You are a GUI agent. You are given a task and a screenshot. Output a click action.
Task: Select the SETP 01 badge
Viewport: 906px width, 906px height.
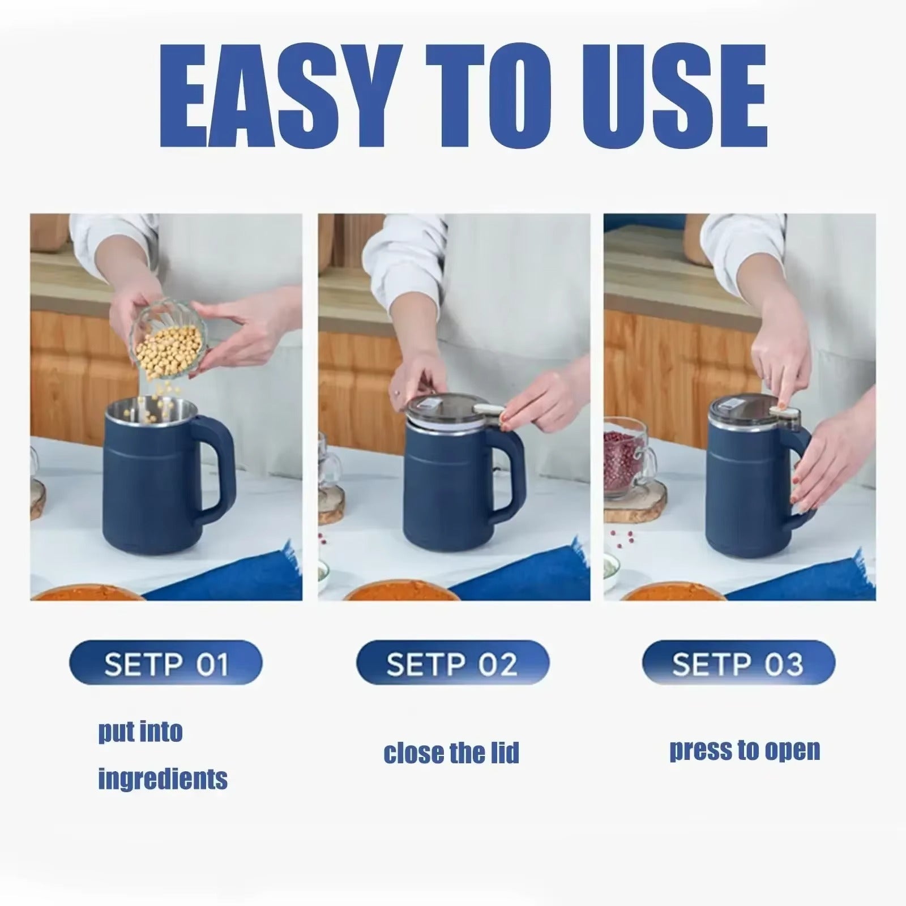click(x=166, y=663)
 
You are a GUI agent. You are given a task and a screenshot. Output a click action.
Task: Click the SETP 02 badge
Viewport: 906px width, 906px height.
click(x=452, y=663)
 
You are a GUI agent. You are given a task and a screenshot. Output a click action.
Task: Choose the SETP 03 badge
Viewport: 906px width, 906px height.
click(x=738, y=663)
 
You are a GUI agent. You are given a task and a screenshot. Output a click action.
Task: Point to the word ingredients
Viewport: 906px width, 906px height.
click(x=163, y=779)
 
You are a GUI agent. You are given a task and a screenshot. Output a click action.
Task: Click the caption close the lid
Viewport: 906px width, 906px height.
click(x=451, y=753)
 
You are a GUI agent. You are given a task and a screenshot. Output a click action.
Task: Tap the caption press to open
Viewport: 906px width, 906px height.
click(x=745, y=750)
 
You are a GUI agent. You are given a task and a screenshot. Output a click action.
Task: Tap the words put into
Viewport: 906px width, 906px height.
click(x=140, y=732)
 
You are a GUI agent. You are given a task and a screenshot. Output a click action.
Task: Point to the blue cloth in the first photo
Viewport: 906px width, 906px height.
click(x=238, y=572)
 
